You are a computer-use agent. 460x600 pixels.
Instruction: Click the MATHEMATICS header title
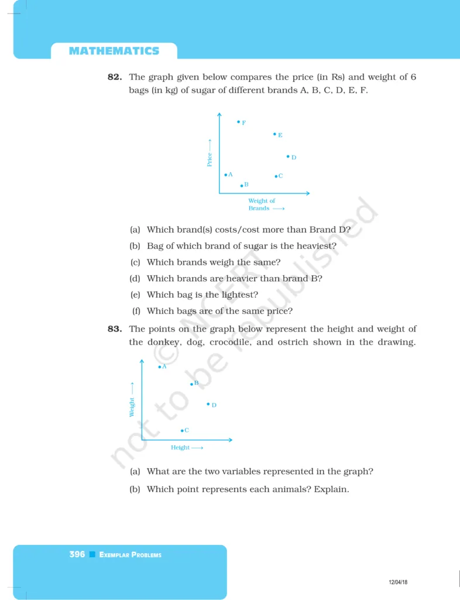(x=114, y=51)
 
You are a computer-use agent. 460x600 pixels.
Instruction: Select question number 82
(x=115, y=77)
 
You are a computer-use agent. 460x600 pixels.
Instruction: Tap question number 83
(x=115, y=329)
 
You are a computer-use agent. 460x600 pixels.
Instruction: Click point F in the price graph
(x=239, y=122)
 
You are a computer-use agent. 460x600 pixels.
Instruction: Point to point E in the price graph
(x=274, y=134)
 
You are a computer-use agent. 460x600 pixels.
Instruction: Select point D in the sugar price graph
(x=288, y=156)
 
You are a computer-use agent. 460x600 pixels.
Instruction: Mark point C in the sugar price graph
(x=276, y=176)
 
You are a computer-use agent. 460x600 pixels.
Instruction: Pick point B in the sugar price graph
(x=242, y=186)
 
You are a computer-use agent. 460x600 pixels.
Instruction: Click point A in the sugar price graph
(x=226, y=175)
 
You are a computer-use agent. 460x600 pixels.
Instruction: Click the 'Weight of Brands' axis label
(x=262, y=204)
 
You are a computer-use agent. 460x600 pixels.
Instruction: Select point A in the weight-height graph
(x=159, y=367)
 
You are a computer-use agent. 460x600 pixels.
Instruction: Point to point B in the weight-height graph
(x=191, y=384)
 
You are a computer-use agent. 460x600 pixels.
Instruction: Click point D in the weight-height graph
(x=208, y=404)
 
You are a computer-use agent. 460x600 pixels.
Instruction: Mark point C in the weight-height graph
(x=182, y=431)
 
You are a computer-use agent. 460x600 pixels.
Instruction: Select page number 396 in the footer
(x=77, y=554)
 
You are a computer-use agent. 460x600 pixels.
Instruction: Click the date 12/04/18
(x=398, y=582)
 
